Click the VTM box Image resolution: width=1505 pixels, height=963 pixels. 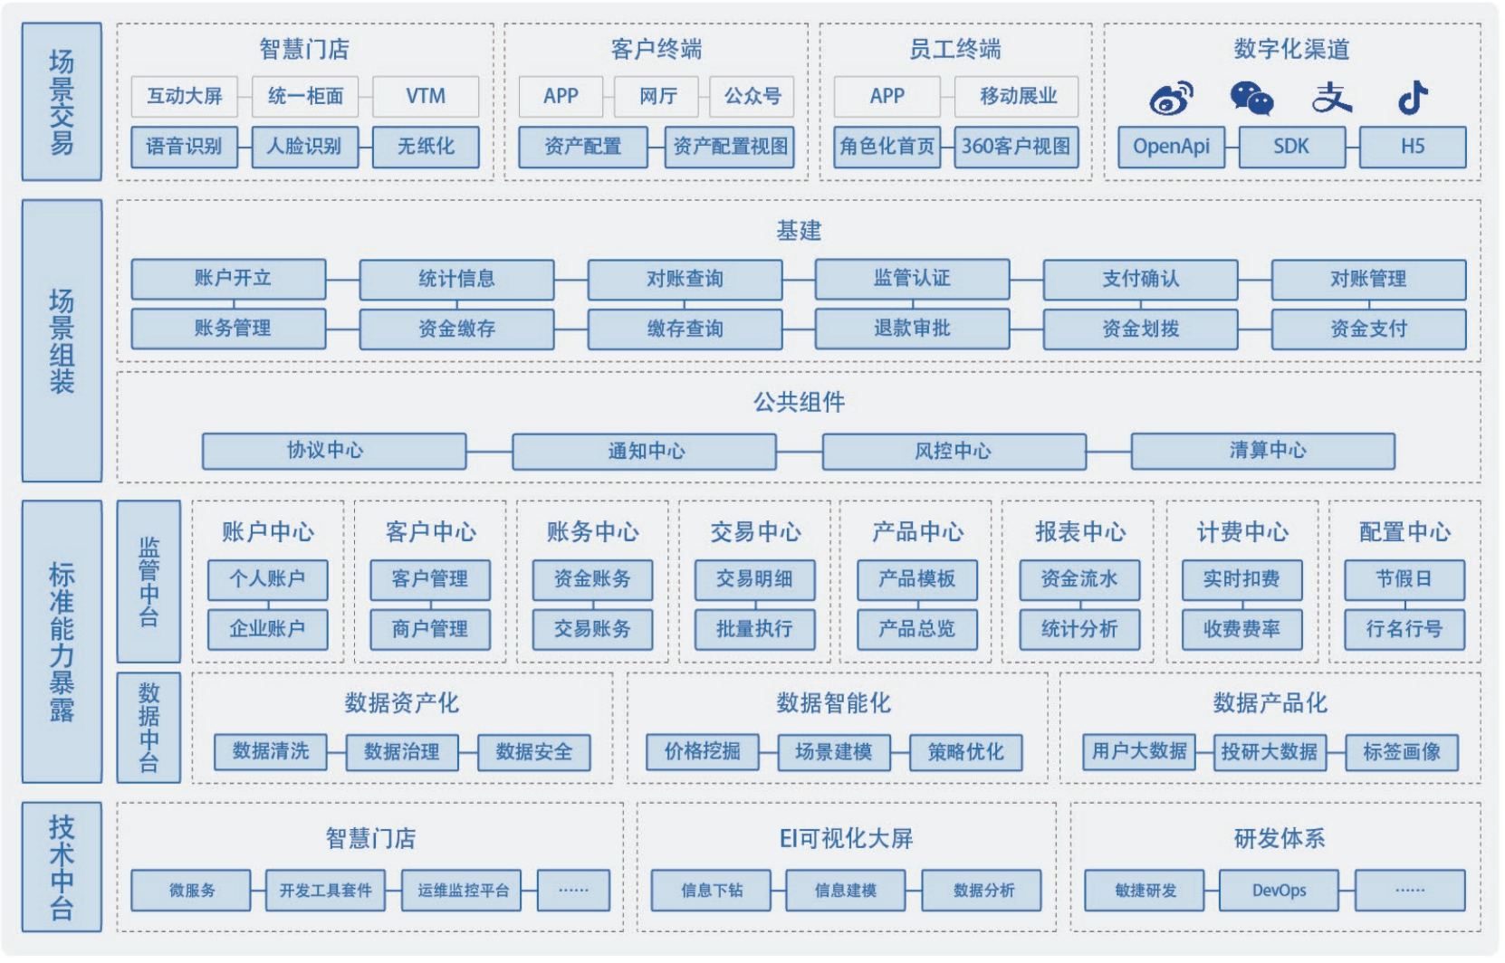426,96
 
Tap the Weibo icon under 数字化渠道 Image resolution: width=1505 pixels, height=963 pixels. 1171,98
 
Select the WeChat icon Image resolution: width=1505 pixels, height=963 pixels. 1251,98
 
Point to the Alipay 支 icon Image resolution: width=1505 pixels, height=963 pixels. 1332,97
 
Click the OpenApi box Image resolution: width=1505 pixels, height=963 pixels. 1171,147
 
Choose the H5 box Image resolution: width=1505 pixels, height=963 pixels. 1413,147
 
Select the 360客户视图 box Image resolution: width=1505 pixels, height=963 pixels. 1016,147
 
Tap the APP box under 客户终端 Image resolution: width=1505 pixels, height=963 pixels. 561,96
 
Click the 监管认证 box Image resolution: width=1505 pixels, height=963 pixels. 912,279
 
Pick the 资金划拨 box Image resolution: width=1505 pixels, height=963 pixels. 1140,329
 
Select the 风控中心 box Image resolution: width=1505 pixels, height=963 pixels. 954,451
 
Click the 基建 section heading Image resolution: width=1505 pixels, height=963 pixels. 799,231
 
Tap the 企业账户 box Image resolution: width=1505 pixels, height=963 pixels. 267,629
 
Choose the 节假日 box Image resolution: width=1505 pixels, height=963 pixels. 1404,579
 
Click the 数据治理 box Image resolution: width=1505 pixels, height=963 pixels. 402,752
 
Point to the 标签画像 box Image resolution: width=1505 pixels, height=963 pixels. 1401,752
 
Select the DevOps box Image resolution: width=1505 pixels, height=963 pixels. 1279,891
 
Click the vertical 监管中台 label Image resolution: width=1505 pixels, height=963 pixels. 149,581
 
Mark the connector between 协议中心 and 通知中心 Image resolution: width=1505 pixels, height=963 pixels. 489,451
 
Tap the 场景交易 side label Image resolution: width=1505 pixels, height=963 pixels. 62,101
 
